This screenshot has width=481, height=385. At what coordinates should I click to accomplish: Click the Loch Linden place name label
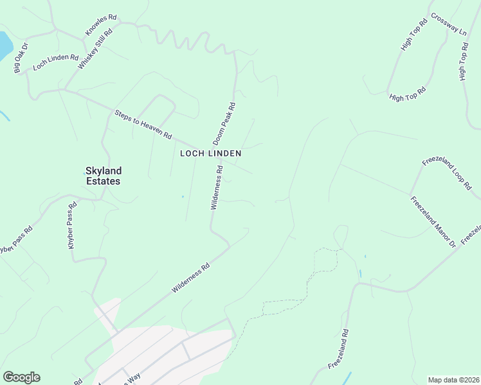(x=210, y=153)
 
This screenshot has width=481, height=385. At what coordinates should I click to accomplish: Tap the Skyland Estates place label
(x=103, y=176)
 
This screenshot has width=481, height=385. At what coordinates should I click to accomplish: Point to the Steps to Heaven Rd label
(x=143, y=124)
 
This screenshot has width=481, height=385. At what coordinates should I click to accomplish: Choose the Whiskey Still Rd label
(x=95, y=49)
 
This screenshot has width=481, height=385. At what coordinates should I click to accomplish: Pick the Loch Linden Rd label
(x=55, y=62)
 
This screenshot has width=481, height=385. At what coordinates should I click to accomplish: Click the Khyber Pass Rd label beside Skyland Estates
(x=72, y=226)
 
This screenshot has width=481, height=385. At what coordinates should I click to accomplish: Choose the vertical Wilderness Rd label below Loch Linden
(x=216, y=187)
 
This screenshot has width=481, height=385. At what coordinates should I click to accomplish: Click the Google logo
(x=21, y=377)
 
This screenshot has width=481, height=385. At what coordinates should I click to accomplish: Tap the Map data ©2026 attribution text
(x=454, y=379)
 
